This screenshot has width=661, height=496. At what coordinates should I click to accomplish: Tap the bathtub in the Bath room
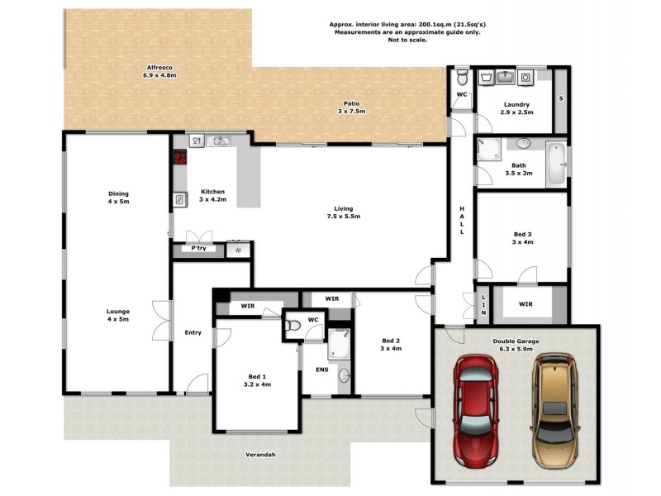556,163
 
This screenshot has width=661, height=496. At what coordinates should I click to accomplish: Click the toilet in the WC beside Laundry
463,79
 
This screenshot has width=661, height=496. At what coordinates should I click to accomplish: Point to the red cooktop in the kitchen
179,158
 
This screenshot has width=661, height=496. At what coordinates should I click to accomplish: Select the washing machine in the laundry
524,78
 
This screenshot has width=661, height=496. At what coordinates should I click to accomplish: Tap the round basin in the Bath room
523,144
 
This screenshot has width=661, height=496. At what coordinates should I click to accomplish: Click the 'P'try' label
198,248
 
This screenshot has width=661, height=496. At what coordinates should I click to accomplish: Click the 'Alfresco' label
159,67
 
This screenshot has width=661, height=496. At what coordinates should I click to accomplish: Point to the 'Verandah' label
260,455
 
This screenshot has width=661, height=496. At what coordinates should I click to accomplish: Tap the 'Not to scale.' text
405,41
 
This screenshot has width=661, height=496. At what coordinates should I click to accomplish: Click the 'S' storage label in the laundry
561,98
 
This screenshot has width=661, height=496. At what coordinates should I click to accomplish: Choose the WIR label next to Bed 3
525,303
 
